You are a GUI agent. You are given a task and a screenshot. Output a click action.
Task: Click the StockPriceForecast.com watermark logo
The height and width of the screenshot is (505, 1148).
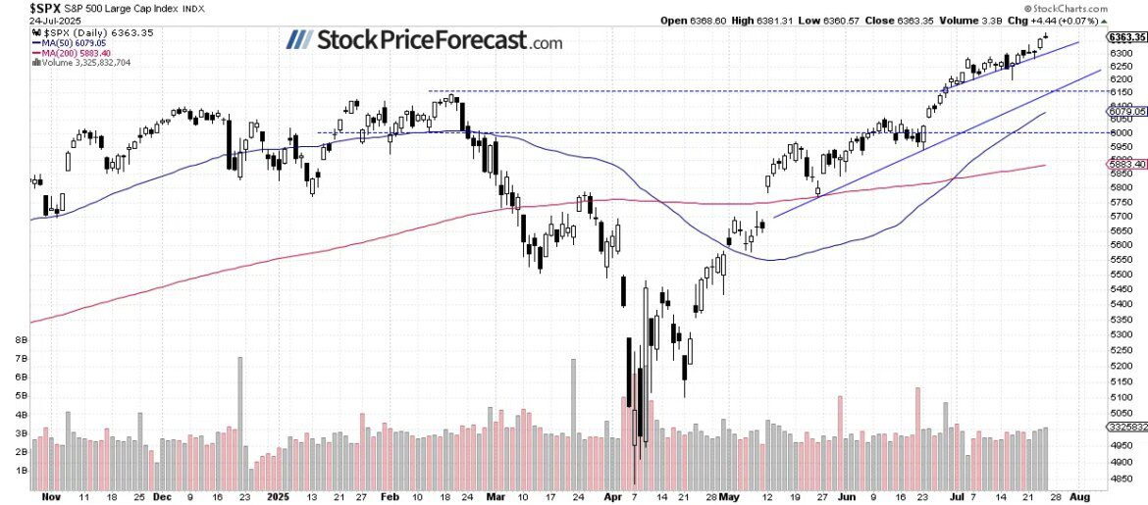tap(424, 41)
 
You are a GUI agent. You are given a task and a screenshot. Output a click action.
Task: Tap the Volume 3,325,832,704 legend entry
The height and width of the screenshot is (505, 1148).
tap(85, 63)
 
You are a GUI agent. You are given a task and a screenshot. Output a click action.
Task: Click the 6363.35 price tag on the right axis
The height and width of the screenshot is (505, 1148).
tap(1127, 37)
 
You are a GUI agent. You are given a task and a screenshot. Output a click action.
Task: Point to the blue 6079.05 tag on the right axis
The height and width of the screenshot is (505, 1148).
tap(1127, 112)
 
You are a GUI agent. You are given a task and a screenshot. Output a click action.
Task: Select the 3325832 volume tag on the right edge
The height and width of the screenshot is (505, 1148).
tap(1127, 428)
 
